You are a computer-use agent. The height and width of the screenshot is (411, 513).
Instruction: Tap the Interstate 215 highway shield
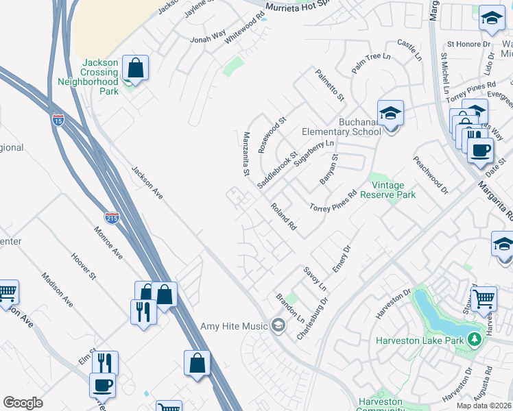click(112, 218)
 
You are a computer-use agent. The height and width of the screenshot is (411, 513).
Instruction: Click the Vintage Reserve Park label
click(393, 190)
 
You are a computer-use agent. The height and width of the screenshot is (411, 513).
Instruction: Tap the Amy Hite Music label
click(234, 326)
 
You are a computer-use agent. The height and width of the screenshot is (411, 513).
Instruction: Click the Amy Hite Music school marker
click(278, 325)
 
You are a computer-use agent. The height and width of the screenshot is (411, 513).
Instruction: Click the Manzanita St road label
click(246, 155)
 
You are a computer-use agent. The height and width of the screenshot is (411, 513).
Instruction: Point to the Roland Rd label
click(283, 216)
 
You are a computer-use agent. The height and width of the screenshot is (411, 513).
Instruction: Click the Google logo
click(23, 403)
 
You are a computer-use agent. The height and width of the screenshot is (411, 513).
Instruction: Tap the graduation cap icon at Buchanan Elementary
click(390, 112)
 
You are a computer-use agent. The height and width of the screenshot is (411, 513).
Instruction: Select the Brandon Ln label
click(290, 309)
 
